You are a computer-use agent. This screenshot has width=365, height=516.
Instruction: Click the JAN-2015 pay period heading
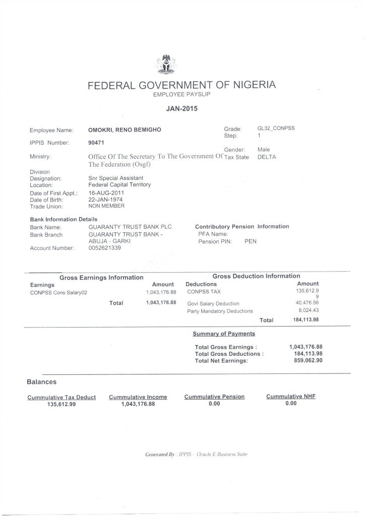[182, 107]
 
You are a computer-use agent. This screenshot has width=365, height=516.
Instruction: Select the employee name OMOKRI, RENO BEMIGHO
[125, 130]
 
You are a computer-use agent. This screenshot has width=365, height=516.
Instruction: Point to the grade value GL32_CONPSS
[276, 128]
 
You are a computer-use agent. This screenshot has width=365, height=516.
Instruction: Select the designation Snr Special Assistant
[115, 178]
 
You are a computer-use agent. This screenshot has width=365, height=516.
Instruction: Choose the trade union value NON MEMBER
[106, 206]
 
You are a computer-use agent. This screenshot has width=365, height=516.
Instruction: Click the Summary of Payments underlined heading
[224, 334]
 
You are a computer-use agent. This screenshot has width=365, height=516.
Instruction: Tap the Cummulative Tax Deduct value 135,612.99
[61, 404]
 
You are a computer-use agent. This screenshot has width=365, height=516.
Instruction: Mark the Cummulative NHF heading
[291, 397]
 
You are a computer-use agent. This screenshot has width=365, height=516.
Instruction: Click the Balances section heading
[41, 382]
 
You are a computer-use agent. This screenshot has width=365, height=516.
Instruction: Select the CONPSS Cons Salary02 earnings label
[59, 292]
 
